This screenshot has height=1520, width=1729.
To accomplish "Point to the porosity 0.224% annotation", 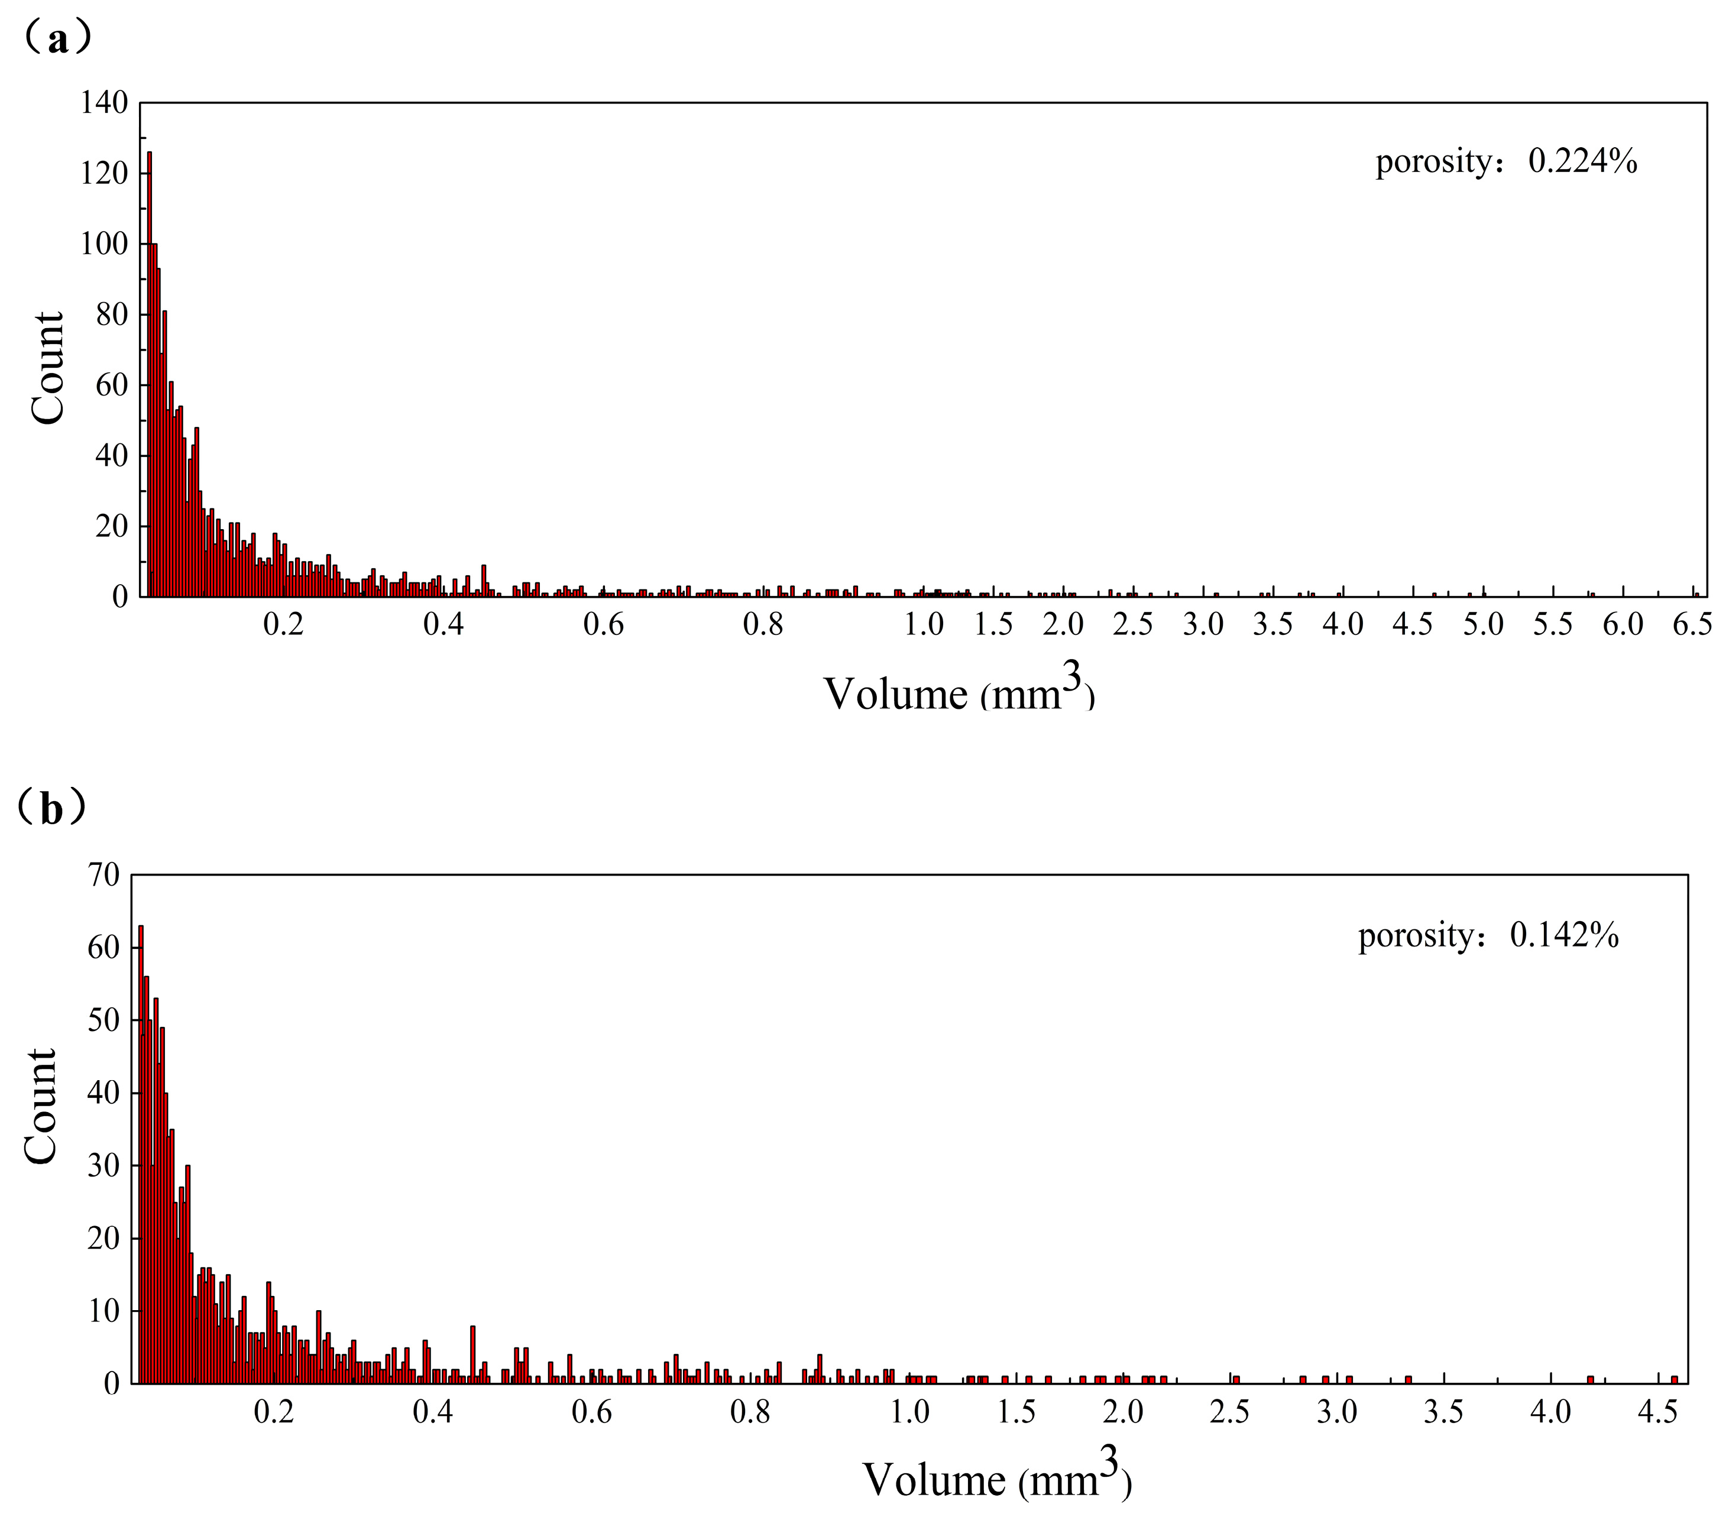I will click(1505, 161).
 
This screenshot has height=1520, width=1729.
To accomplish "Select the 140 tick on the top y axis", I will click(104, 103).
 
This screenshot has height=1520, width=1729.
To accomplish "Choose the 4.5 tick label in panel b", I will click(1656, 1412).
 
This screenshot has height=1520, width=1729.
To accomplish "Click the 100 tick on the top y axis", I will click(104, 244).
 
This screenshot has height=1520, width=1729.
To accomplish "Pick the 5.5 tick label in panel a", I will click(1553, 625).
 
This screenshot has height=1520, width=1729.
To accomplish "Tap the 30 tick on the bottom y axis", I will click(104, 1166).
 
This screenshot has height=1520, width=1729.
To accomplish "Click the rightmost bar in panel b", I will click(1674, 1380).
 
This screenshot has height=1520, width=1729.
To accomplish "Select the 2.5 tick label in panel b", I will click(1230, 1412).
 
